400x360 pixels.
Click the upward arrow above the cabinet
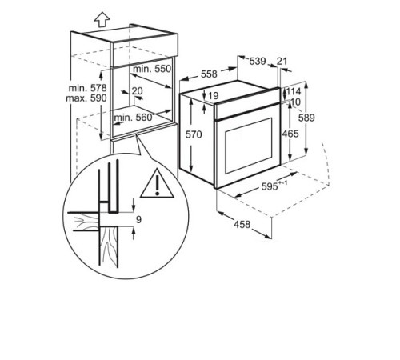(78, 18)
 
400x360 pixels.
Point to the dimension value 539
(257, 61)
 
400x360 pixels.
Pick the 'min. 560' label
(134, 118)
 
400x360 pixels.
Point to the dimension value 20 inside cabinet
(138, 90)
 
